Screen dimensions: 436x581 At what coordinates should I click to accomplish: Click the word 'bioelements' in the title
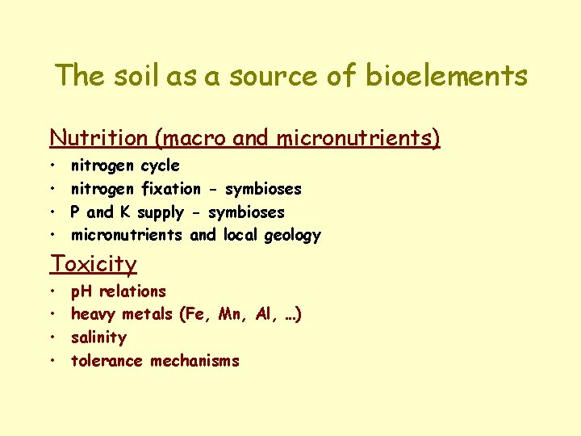(446, 76)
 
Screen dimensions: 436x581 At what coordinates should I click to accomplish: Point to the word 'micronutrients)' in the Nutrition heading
(358, 138)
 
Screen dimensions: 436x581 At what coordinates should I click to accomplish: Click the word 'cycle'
(160, 166)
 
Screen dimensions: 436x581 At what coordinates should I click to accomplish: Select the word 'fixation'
(171, 189)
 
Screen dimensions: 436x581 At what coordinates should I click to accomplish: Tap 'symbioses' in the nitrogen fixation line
(263, 189)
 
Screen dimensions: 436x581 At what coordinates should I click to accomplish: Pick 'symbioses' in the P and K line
(246, 212)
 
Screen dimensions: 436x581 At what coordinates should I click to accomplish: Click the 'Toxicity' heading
(94, 264)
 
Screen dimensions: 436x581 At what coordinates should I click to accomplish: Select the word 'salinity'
(98, 337)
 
